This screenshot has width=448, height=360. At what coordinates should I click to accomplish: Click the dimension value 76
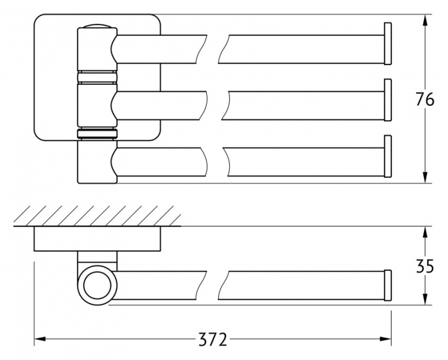pos(425,99)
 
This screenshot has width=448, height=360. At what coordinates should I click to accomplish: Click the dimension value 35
pos(425,266)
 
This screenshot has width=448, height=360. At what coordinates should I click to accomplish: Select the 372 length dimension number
pos(213,340)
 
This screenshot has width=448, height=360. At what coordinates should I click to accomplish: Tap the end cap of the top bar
pos(388,44)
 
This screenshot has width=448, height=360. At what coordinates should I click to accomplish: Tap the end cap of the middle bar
pos(388,100)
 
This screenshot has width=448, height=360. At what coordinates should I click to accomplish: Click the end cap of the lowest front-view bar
pos(388,156)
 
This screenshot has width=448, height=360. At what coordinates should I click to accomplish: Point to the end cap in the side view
pos(388,285)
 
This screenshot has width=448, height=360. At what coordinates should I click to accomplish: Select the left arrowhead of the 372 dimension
pos(40,339)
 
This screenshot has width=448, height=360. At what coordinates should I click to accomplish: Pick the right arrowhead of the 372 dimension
pos(385,339)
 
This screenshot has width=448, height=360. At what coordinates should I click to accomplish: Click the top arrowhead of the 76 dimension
pos(425,20)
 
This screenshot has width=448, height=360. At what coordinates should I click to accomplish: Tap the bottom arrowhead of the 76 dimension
pos(425,177)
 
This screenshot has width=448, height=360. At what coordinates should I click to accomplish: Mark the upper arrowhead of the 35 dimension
pos(425,232)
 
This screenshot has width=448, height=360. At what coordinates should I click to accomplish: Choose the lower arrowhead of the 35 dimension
pos(425,299)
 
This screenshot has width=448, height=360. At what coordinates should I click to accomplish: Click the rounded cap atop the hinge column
pos(97,26)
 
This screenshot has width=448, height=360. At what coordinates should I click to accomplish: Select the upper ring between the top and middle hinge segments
pos(97,77)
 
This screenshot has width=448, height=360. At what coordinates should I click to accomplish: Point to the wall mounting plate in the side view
pos(97,239)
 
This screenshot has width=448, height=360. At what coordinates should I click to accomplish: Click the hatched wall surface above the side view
pos(97,216)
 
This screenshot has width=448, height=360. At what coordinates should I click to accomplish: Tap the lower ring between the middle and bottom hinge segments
pos(97,134)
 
